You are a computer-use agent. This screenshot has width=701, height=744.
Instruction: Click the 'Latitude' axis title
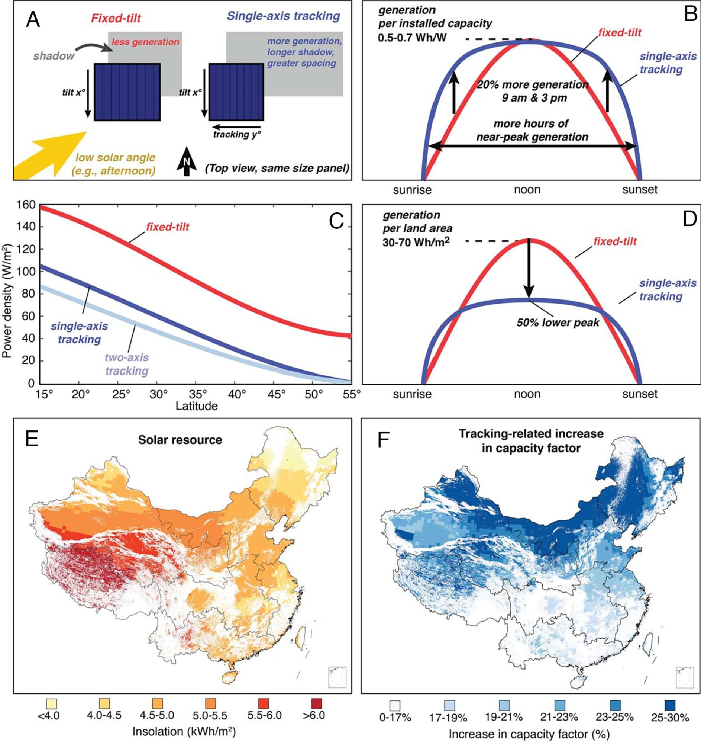pyautogui.click(x=197, y=406)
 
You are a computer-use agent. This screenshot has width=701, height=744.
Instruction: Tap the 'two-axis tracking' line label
pyautogui.click(x=127, y=364)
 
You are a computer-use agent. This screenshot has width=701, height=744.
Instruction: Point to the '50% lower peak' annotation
pyautogui.click(x=558, y=323)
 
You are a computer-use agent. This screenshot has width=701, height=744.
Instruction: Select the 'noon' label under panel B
pyautogui.click(x=527, y=190)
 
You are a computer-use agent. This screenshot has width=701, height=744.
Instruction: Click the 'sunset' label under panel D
pyautogui.click(x=640, y=394)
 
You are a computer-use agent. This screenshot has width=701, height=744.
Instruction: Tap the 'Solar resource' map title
pyautogui.click(x=180, y=440)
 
